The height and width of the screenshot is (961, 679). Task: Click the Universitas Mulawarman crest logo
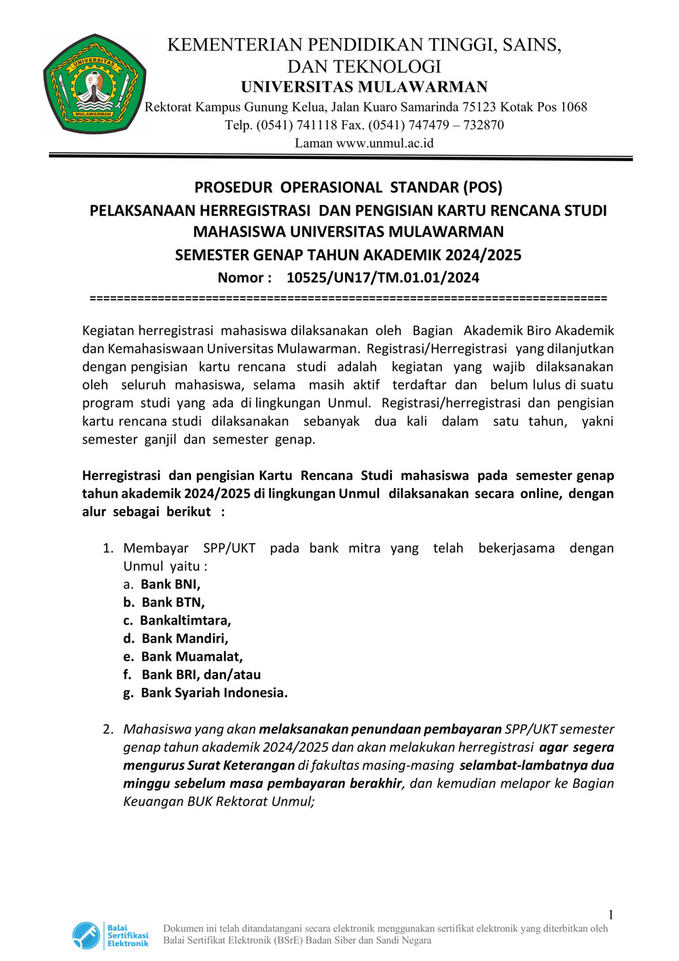(x=94, y=84)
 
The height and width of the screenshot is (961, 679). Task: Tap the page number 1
(x=610, y=915)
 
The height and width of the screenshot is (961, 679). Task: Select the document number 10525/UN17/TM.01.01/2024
(x=382, y=277)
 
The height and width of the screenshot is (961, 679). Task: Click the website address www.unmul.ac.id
(x=384, y=143)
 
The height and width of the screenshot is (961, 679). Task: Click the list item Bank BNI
(x=170, y=584)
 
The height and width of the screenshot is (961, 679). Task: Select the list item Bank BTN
(x=172, y=602)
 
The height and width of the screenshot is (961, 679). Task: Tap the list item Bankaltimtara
(x=185, y=621)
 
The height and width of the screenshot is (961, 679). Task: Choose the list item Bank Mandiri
(x=185, y=638)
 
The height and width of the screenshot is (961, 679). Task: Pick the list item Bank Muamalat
(x=191, y=657)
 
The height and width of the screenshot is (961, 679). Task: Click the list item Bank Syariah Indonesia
(x=214, y=693)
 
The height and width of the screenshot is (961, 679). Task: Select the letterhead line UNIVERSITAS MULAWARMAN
(x=364, y=87)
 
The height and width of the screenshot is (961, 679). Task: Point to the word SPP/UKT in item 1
(x=229, y=548)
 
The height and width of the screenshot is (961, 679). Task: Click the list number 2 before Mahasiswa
(x=108, y=729)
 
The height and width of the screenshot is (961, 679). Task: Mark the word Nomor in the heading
(x=240, y=277)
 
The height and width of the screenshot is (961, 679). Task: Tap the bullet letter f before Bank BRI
(x=127, y=674)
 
